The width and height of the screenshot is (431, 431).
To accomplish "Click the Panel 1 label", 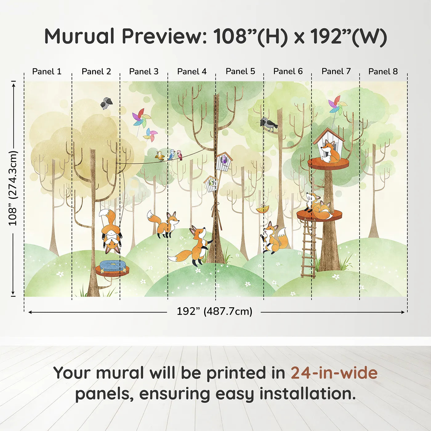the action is [47, 71].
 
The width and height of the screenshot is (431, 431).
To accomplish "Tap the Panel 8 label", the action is [383, 71].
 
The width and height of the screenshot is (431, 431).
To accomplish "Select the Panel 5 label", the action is [240, 71].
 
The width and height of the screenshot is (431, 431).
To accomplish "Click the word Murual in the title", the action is [79, 36].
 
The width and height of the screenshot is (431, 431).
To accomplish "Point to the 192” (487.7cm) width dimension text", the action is [215, 311].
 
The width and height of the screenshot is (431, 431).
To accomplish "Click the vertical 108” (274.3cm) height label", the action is [13, 188].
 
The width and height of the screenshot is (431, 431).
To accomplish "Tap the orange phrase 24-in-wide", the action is [334, 373].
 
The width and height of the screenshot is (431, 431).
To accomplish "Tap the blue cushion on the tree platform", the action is [112, 265].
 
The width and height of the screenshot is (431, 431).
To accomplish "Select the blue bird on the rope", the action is [171, 154].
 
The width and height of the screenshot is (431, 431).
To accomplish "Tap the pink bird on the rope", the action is [179, 155].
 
